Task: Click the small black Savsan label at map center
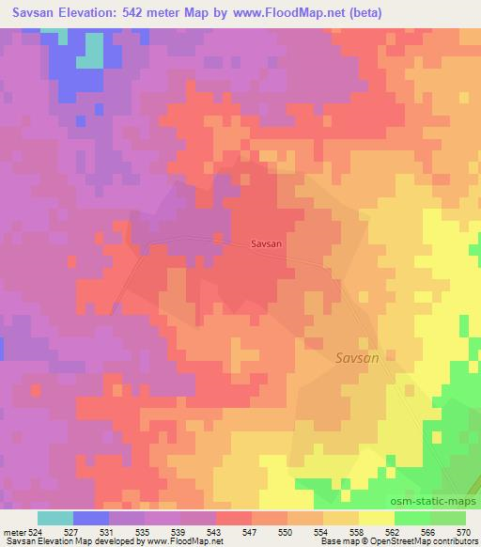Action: tap(267, 243)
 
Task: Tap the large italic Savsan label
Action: tap(358, 358)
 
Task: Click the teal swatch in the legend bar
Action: tap(55, 518)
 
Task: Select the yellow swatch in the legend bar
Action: tap(377, 518)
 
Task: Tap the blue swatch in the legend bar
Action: tap(91, 518)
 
